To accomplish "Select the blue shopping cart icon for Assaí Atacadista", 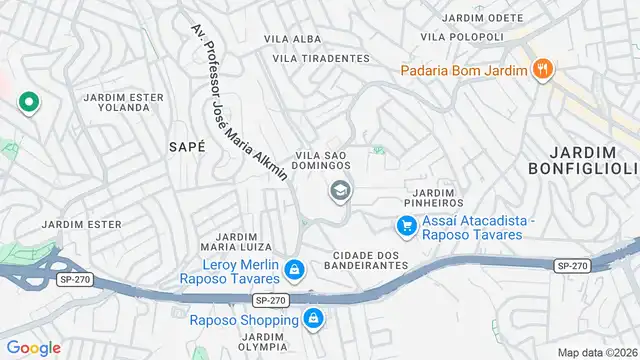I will point(406,227).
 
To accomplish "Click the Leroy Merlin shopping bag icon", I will point(294,269).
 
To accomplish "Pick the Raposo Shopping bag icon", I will point(313,320).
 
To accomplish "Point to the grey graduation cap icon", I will point(340,189).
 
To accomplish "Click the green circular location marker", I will point(28,102).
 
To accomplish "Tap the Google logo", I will point(34,347).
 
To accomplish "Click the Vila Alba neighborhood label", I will point(291,39).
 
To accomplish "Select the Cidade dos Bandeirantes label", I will point(362,260).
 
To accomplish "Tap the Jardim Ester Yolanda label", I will point(124,102).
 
